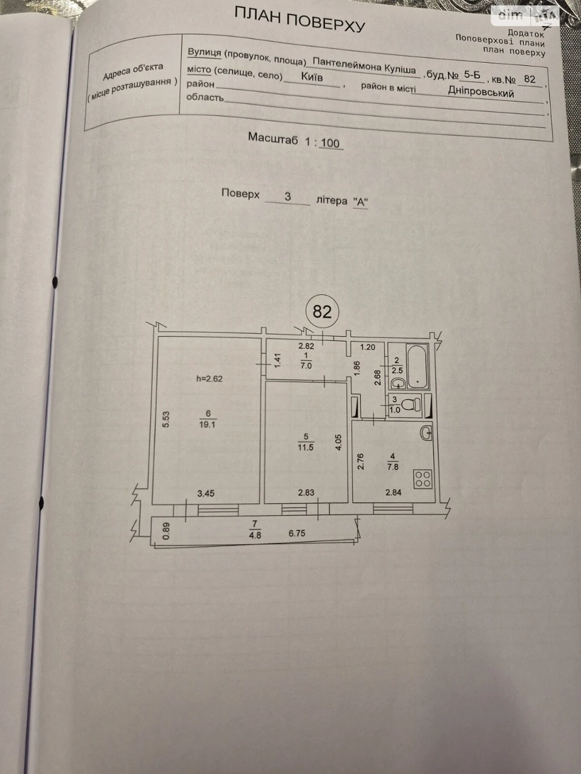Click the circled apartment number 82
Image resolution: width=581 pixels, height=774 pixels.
[322, 311]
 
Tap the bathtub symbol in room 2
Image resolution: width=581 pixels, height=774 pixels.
[418, 366]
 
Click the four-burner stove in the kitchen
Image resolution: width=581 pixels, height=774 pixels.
[422, 479]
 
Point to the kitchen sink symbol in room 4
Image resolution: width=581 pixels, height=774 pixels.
[426, 434]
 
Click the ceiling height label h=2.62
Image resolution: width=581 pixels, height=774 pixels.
[209, 379]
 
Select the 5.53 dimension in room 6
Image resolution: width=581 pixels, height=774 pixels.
[166, 419]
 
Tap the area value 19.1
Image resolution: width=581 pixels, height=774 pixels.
[207, 425]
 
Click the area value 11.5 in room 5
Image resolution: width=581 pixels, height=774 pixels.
[306, 447]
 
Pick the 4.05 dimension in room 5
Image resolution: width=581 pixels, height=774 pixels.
[338, 443]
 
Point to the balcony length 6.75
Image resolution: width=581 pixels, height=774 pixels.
[297, 533]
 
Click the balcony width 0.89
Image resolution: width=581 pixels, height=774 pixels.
[166, 531]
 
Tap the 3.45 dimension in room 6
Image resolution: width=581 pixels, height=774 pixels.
[206, 493]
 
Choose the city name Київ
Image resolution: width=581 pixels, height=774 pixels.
[312, 77]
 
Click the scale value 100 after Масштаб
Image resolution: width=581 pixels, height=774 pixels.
[330, 143]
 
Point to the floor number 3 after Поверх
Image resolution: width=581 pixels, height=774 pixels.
[288, 197]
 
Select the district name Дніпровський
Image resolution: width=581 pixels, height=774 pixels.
[481, 92]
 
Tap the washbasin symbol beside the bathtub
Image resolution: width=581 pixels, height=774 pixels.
[399, 383]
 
